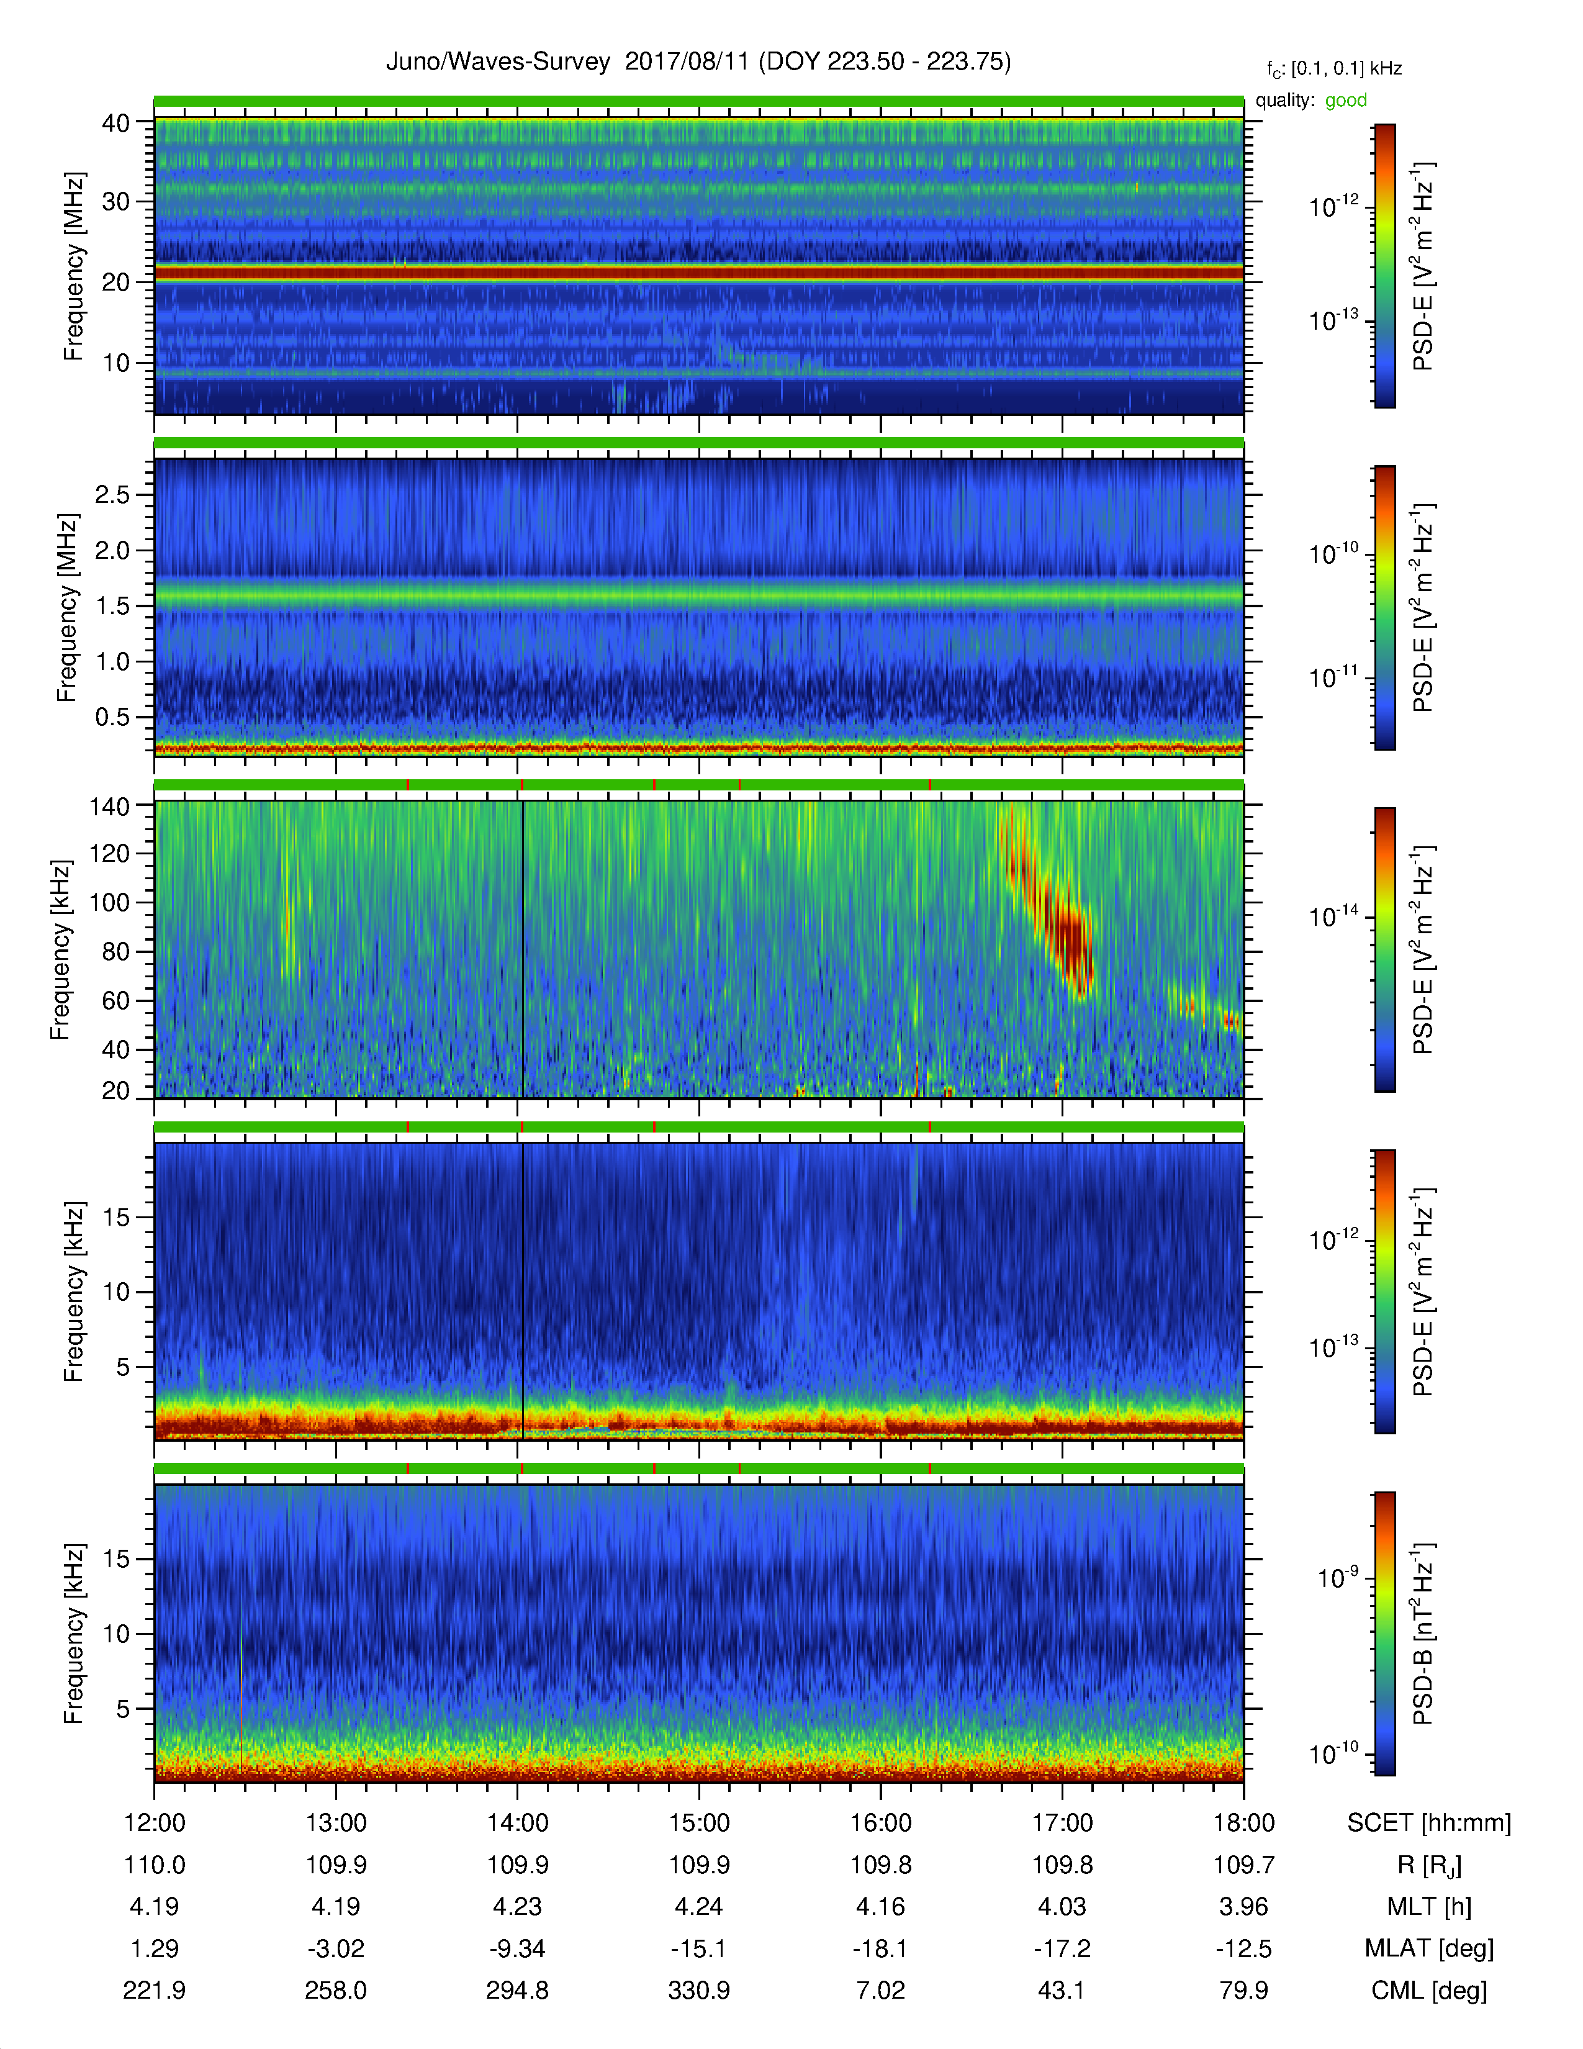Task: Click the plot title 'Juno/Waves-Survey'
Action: pyautogui.click(x=498, y=62)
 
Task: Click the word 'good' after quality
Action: pyautogui.click(x=1346, y=101)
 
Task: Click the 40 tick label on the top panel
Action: pyautogui.click(x=116, y=123)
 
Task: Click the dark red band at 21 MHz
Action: pyautogui.click(x=698, y=273)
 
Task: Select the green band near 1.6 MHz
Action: pyautogui.click(x=698, y=595)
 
